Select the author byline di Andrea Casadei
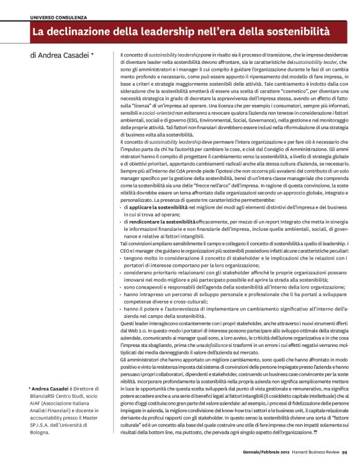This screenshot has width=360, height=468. (x=62, y=55)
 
